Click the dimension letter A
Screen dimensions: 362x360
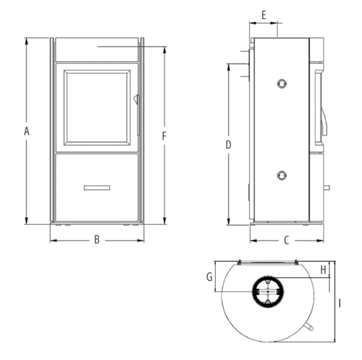coord(27,131)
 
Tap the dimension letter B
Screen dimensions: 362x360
coord(97,240)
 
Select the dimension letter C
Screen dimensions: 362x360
coord(287,241)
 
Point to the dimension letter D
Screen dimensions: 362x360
coord(228,145)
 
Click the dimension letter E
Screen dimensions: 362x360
coord(264,15)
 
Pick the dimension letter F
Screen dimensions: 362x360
coord(164,136)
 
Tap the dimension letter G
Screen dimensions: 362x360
coord(209,277)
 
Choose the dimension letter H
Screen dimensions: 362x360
coord(323,269)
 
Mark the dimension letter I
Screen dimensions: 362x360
coord(339,303)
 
